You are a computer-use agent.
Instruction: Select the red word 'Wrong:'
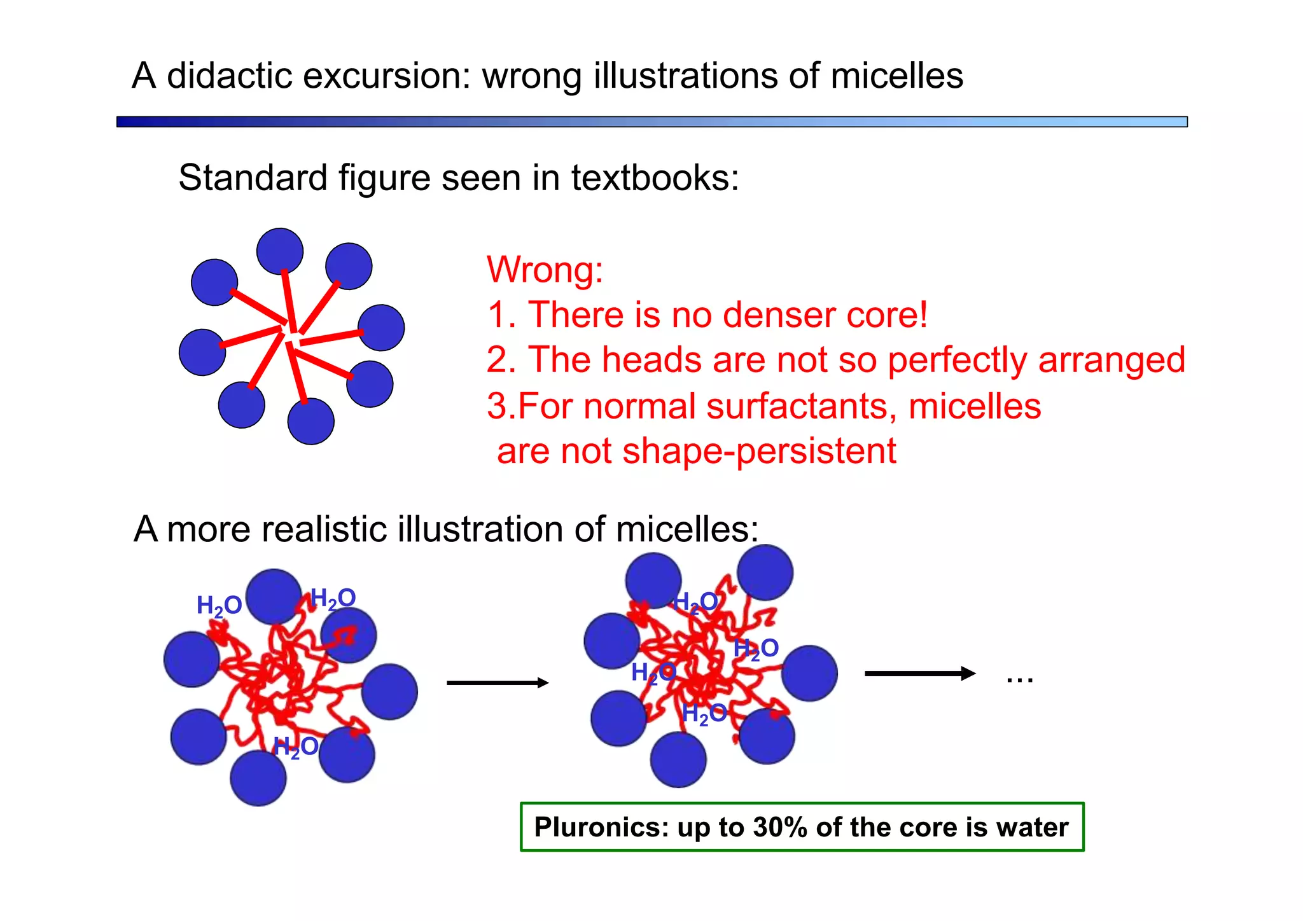point(545,270)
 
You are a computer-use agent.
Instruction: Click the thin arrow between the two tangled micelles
point(497,683)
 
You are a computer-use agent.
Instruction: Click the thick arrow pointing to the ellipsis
point(919,674)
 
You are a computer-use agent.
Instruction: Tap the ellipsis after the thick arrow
point(1019,680)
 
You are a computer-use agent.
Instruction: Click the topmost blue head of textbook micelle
point(280,251)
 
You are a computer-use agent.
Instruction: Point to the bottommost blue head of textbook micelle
point(310,422)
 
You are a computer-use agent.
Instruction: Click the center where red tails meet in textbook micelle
point(290,334)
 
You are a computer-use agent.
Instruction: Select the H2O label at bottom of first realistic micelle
point(296,747)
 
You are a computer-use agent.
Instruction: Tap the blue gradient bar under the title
point(651,121)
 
